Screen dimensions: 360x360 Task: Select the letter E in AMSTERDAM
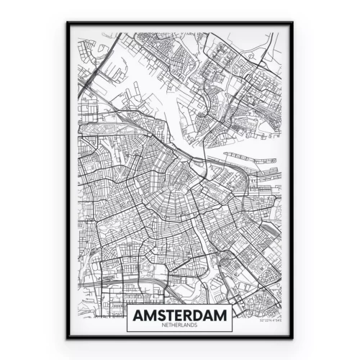180,315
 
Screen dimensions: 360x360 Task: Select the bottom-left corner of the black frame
68,338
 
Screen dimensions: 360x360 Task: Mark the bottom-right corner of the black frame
293,338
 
